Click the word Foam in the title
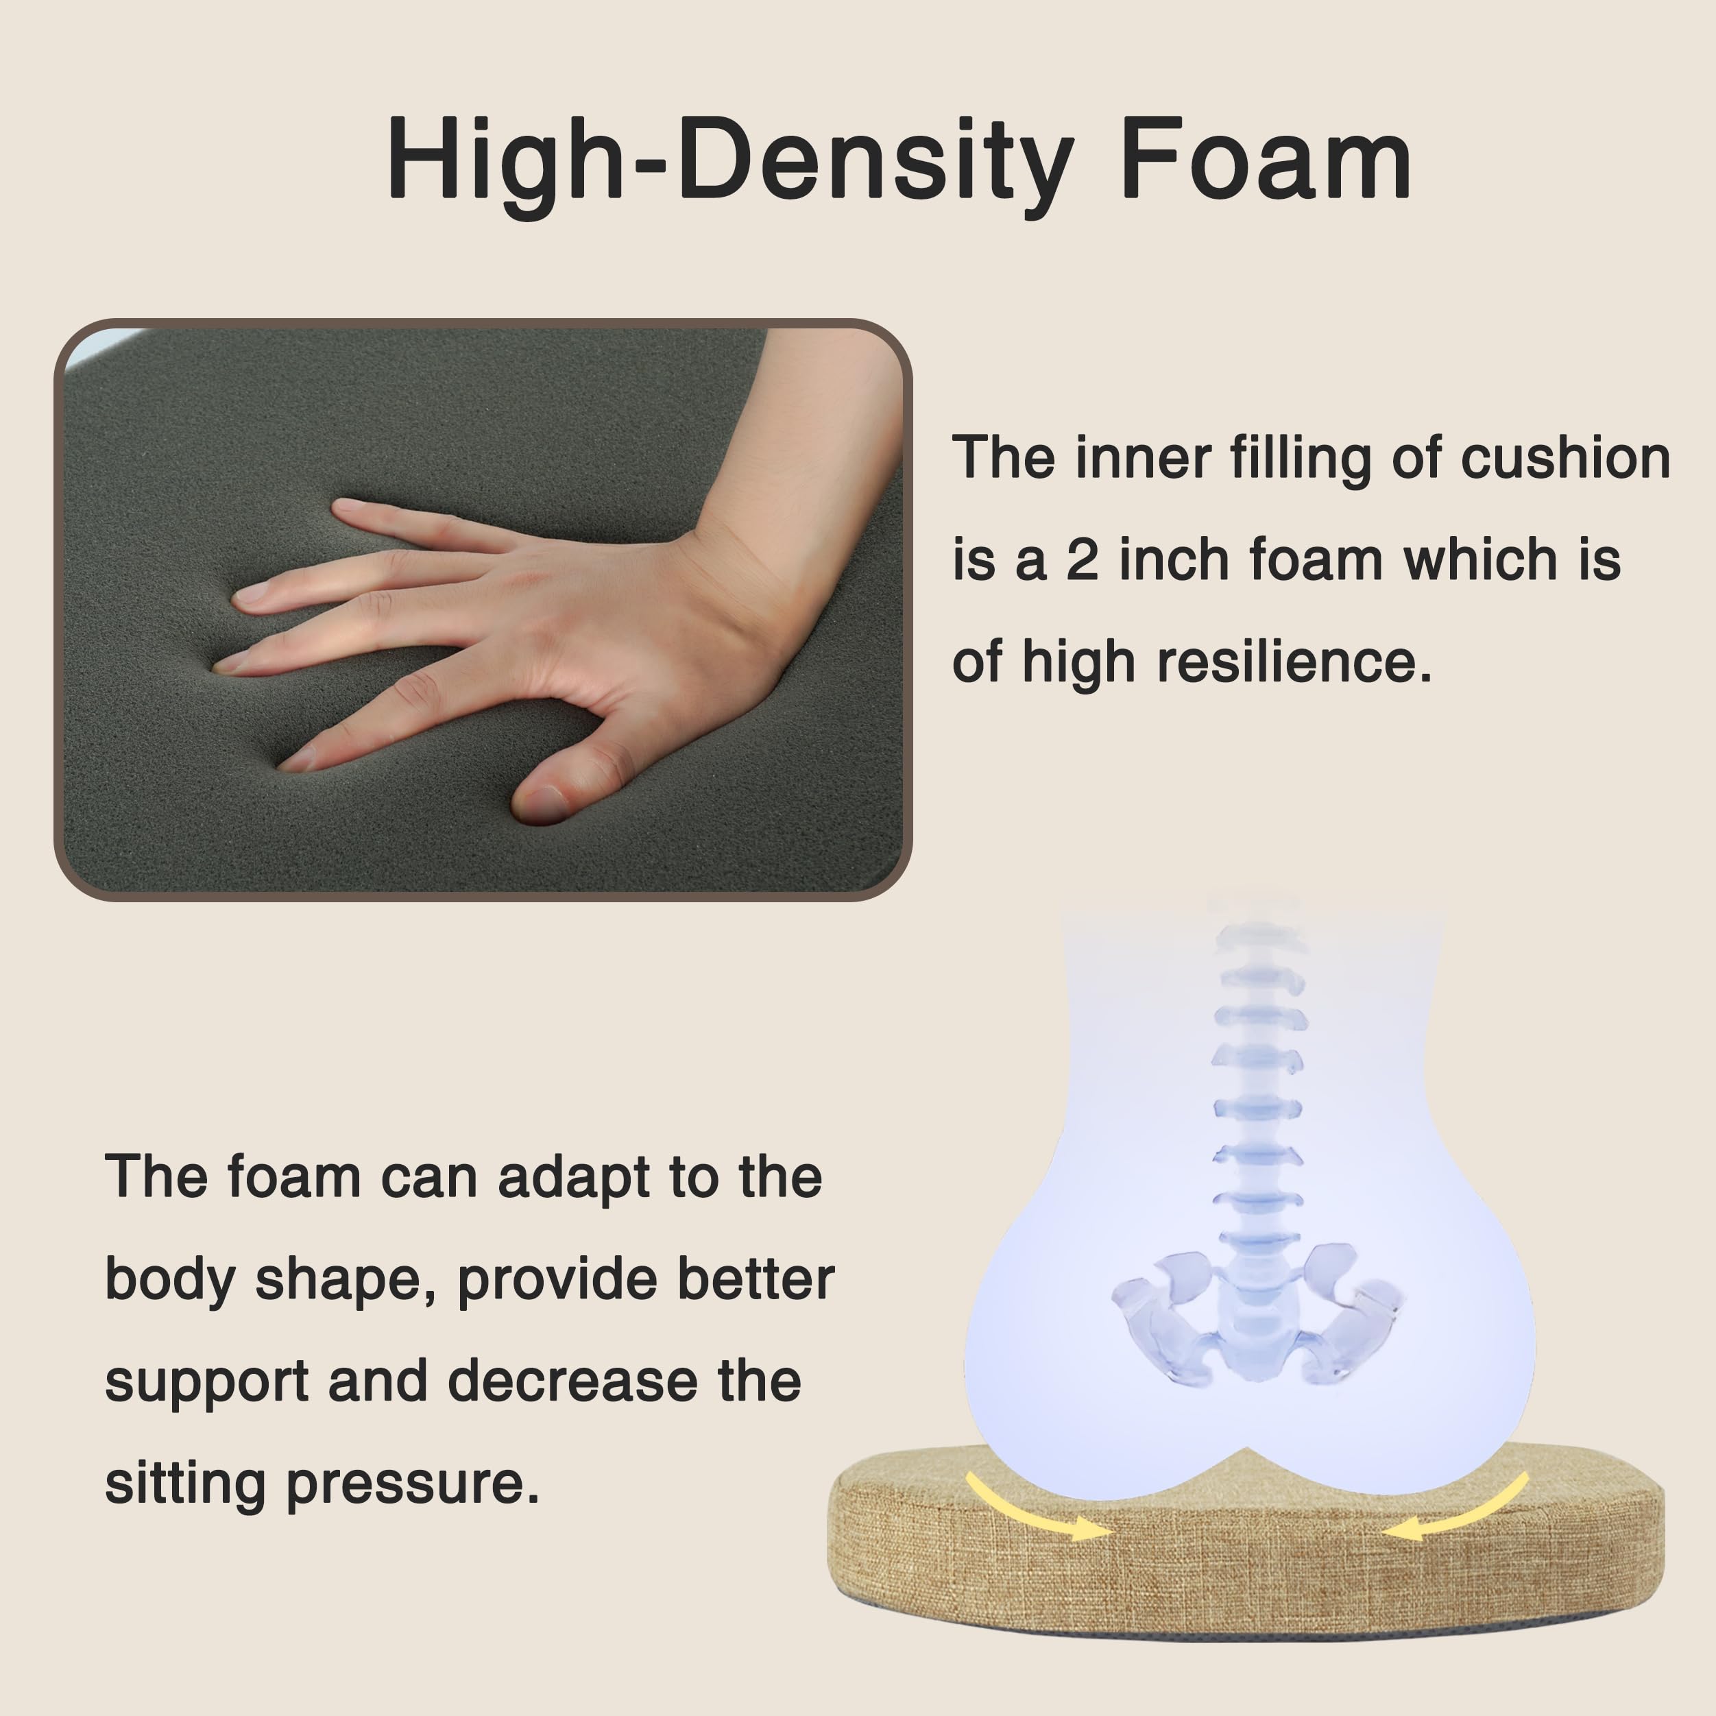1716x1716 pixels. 1266,159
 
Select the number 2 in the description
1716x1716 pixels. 1083,561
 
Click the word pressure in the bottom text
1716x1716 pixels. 412,1486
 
